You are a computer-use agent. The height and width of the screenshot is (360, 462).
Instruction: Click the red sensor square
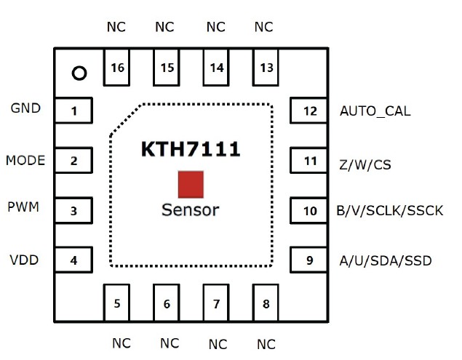[x=191, y=185]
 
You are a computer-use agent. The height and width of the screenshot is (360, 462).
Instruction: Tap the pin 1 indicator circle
[x=79, y=73]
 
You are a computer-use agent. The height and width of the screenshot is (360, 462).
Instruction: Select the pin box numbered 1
[x=73, y=111]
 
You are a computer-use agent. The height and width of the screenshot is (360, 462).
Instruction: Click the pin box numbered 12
[x=310, y=111]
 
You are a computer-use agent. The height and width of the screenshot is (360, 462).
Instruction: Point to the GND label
[x=25, y=108]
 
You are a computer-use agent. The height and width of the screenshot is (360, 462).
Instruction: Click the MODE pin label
[x=25, y=160]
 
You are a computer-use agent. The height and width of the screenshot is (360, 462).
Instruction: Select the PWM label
[x=23, y=208]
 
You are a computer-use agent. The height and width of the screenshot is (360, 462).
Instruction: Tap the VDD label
[x=24, y=260]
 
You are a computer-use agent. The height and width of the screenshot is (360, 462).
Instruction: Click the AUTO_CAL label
[x=375, y=112]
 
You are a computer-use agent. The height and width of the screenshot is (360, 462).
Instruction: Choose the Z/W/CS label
[x=365, y=165]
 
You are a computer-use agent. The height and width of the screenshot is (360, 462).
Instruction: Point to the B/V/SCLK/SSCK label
[x=389, y=212]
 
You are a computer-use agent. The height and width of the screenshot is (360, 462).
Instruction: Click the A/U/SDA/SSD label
[x=386, y=260]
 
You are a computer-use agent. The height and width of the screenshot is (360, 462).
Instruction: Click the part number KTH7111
[x=190, y=150]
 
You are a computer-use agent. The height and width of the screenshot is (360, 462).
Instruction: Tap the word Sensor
[x=190, y=211]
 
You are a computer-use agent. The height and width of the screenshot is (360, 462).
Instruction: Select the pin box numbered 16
[x=118, y=67]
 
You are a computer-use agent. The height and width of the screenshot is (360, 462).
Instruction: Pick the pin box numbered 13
[x=266, y=67]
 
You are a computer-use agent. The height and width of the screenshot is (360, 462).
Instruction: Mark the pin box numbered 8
[x=266, y=303]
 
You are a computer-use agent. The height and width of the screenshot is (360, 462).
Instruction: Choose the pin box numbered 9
[x=310, y=260]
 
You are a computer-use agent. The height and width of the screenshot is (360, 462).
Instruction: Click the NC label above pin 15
[x=165, y=28]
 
